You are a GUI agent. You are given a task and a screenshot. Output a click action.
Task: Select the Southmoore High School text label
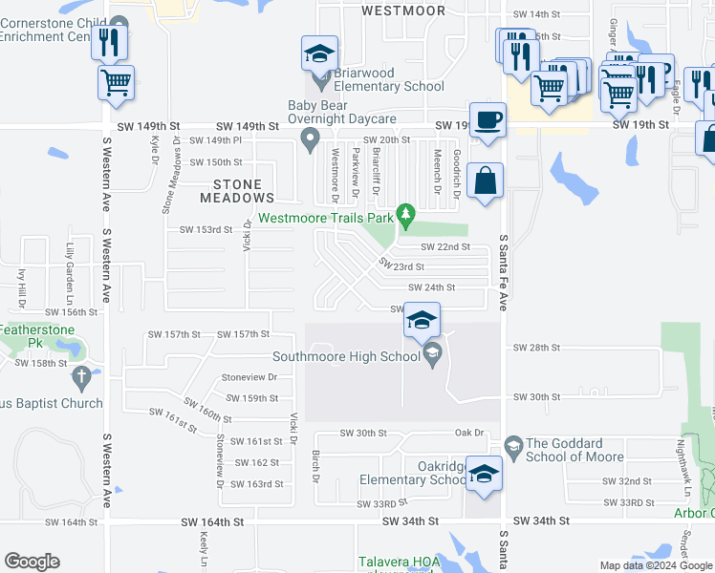point(345,357)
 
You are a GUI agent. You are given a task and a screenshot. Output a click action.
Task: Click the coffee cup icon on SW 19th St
point(487,119)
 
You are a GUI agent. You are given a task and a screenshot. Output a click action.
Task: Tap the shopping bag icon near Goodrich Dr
point(486,179)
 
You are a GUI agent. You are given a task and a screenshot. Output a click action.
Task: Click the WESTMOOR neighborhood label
point(403,11)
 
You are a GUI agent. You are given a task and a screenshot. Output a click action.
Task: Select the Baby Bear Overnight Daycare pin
point(310,142)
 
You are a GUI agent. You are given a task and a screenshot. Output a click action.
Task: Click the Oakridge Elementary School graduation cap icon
point(485,475)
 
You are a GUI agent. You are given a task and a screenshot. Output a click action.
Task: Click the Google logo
point(32,562)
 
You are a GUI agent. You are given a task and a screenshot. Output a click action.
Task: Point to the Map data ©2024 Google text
point(656,565)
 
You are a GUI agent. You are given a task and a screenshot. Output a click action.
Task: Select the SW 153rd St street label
point(206,230)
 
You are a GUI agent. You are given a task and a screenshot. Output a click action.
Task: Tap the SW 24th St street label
point(431,287)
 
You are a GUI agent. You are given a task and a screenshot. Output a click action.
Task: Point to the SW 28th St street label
point(534,348)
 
